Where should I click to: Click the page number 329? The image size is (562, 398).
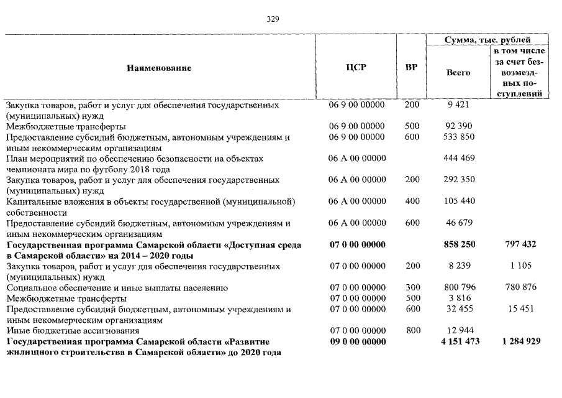(273, 19)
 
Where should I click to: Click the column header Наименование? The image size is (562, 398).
(159, 68)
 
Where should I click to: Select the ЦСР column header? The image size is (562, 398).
(356, 68)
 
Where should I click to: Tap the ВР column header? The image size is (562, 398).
(411, 68)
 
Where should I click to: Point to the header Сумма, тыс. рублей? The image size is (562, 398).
(486, 40)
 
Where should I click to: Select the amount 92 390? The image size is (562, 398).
(460, 126)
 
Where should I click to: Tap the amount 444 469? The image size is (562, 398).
(460, 159)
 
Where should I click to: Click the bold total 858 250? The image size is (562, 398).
(460, 244)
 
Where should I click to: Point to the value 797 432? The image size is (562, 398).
(520, 244)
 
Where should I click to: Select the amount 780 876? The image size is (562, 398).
(520, 288)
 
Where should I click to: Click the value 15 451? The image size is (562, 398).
(522, 309)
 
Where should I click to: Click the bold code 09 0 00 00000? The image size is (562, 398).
(357, 342)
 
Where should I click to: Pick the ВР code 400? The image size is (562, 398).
(412, 201)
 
